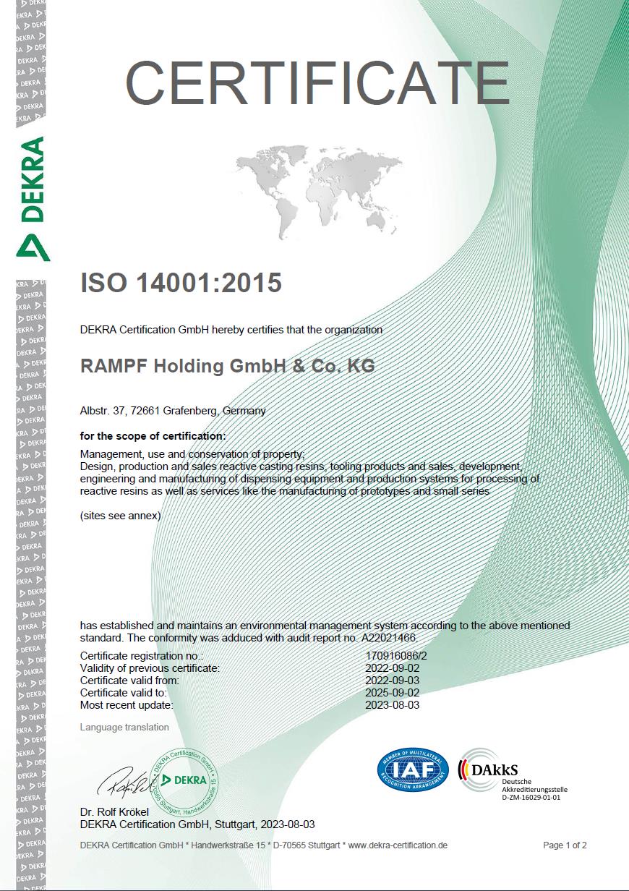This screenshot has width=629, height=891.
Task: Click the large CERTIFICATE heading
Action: (317, 83)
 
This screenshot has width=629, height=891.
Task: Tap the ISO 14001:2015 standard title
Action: (181, 283)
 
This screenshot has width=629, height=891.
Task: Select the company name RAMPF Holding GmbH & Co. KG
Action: (227, 366)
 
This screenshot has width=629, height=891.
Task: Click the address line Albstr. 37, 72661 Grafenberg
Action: (173, 411)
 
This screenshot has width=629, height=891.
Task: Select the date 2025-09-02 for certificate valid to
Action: (392, 693)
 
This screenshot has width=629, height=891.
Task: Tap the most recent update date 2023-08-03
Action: (392, 705)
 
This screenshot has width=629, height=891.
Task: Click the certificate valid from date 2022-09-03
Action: (392, 681)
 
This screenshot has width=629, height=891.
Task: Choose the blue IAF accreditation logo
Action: (414, 770)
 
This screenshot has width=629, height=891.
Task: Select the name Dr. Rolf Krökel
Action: (114, 812)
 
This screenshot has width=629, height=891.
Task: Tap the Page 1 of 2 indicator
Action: (565, 845)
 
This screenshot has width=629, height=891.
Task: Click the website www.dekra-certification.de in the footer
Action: (398, 845)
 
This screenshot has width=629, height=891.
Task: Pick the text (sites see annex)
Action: (120, 516)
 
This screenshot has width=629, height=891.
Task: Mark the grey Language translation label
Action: (124, 727)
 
